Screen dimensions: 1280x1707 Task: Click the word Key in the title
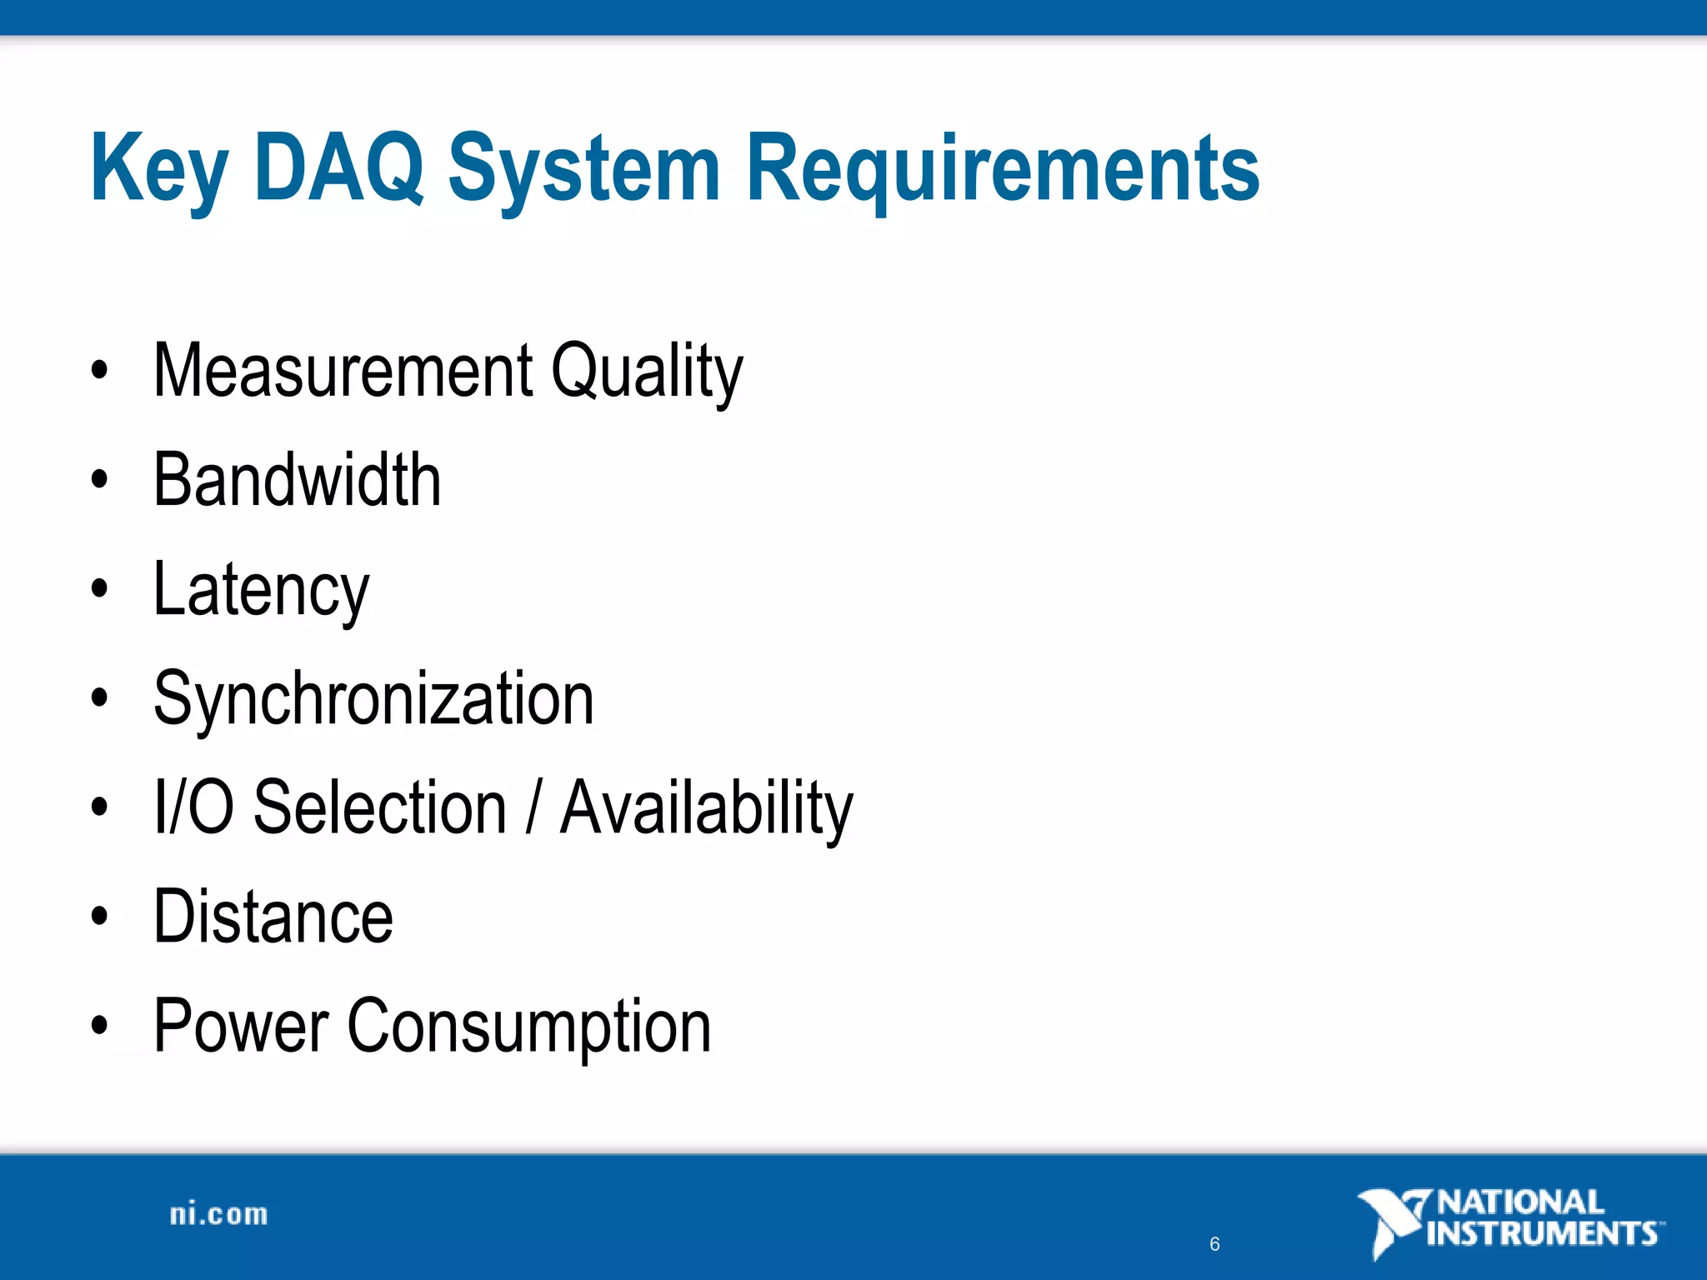tap(158, 171)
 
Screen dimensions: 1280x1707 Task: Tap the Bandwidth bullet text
tap(298, 480)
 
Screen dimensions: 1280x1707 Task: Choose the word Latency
tap(261, 591)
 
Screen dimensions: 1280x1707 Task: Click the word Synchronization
tap(374, 699)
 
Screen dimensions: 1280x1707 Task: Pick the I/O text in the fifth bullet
tap(193, 807)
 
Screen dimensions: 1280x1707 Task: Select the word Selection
tap(380, 807)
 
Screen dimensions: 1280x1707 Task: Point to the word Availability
tap(707, 808)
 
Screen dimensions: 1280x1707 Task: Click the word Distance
tap(273, 917)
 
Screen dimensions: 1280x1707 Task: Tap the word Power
tap(242, 1027)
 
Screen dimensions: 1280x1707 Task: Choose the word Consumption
tap(529, 1027)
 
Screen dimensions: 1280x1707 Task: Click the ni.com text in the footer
tap(219, 1215)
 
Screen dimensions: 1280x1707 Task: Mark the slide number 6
tap(1214, 1244)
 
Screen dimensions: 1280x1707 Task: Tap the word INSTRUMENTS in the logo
tap(1542, 1233)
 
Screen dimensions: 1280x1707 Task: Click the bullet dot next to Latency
tap(100, 589)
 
